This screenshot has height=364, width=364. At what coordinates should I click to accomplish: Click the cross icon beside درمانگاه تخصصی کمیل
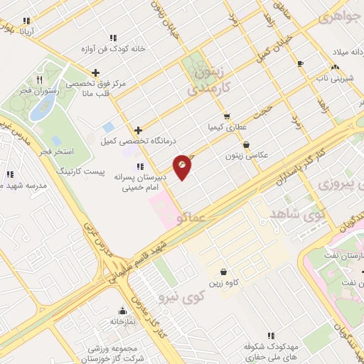(x=138, y=130)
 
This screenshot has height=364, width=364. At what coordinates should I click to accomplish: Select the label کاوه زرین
(x=223, y=283)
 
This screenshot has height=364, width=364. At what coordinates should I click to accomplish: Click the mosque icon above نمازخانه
(x=122, y=311)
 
